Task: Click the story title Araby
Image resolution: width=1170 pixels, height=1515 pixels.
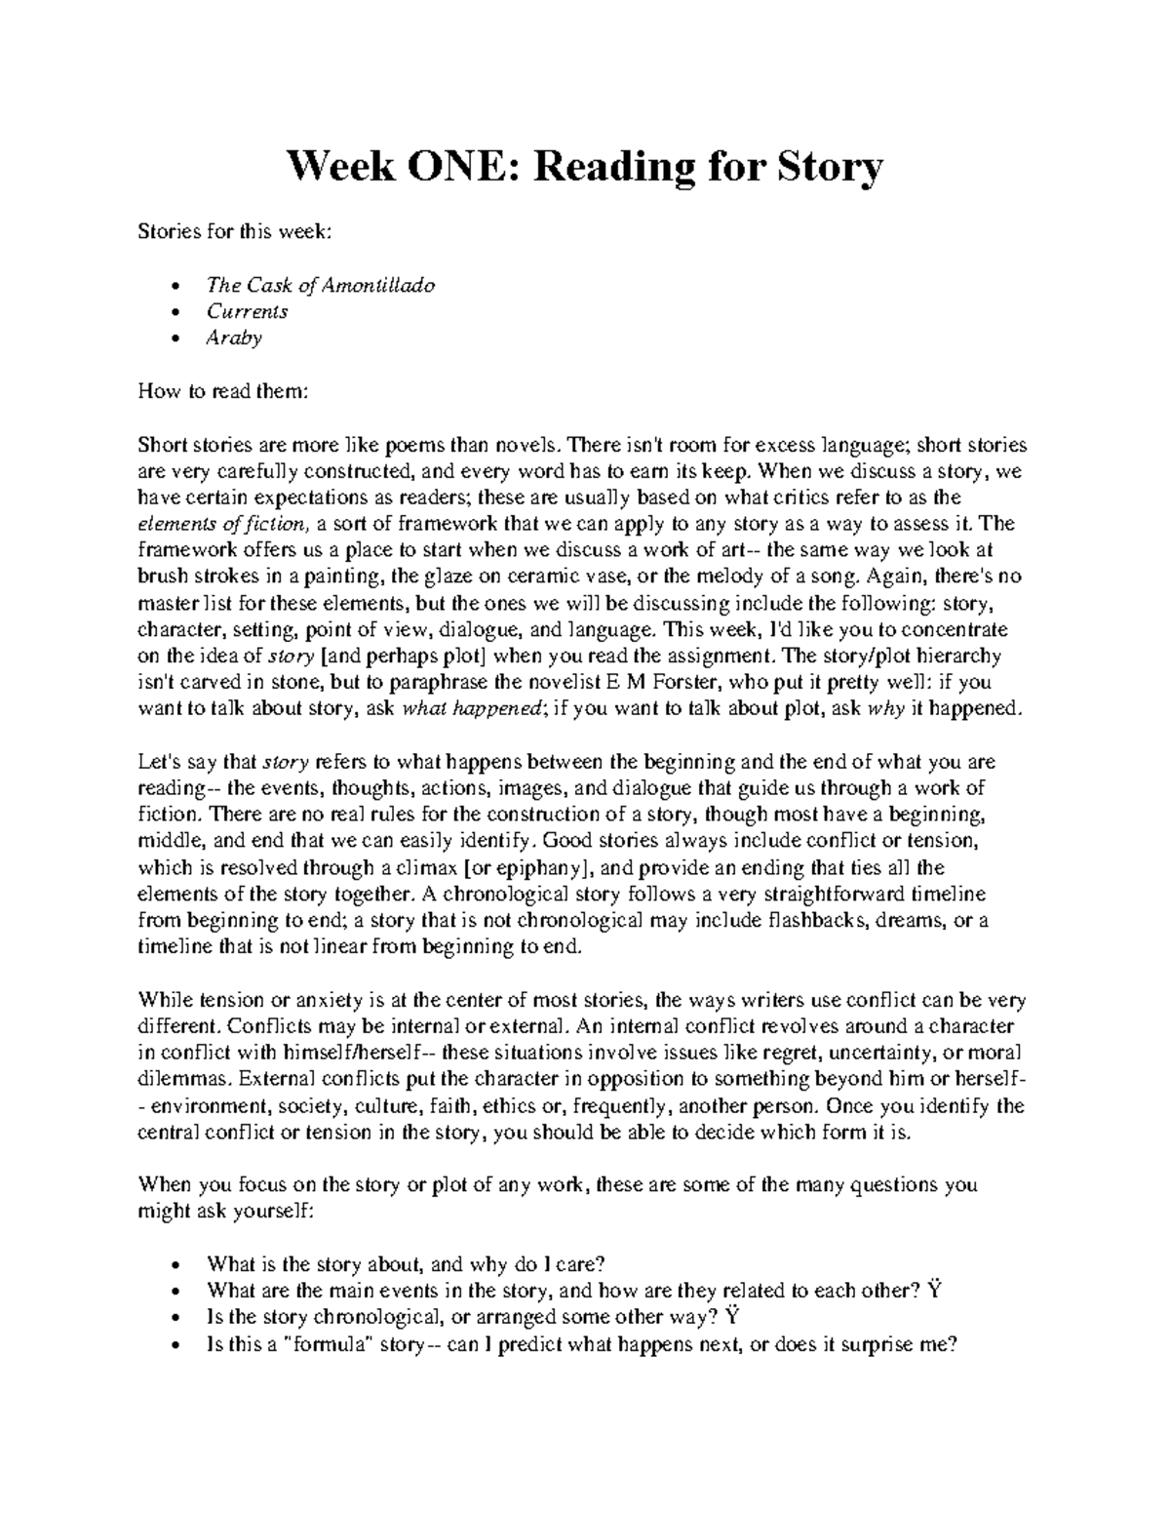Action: click(233, 338)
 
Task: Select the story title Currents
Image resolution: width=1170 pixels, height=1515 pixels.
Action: click(247, 311)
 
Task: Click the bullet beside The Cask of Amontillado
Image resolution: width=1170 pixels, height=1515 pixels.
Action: click(174, 287)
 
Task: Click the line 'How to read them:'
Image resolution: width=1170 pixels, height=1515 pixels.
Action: click(224, 391)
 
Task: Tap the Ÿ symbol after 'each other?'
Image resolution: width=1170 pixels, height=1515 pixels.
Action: click(935, 1290)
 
